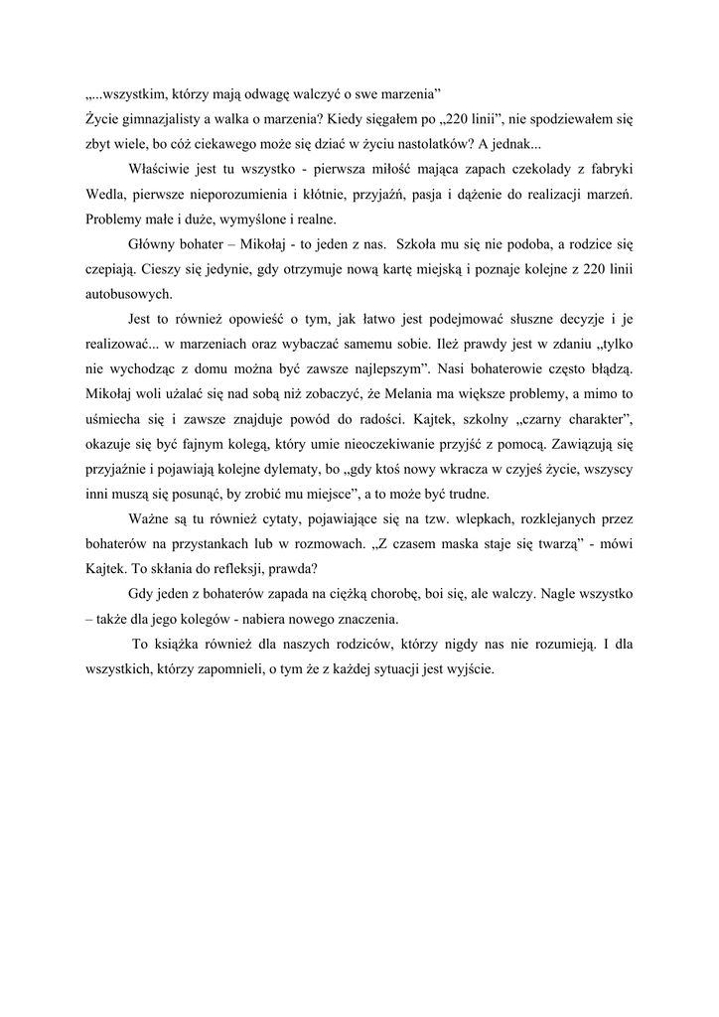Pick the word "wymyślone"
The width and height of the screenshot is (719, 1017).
[244, 219]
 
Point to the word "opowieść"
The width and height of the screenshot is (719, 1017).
[258, 320]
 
